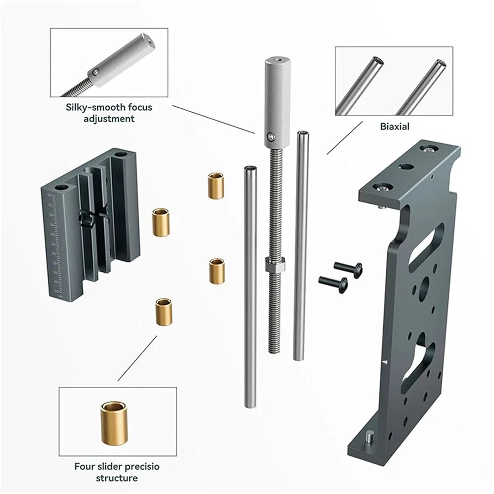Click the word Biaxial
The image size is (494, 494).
click(394, 126)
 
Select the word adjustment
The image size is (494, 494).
click(109, 119)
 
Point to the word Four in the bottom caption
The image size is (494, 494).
click(84, 466)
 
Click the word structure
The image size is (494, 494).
click(117, 478)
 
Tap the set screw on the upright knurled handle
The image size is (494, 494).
click(271, 136)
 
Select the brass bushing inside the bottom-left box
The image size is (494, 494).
click(114, 423)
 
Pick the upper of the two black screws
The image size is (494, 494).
click(348, 269)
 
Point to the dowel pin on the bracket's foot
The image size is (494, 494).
click(369, 437)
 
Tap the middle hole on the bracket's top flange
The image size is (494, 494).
click(406, 166)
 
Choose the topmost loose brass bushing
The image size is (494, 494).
click(216, 186)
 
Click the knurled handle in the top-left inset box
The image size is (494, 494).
click(122, 60)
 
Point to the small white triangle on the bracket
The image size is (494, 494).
click(384, 362)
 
